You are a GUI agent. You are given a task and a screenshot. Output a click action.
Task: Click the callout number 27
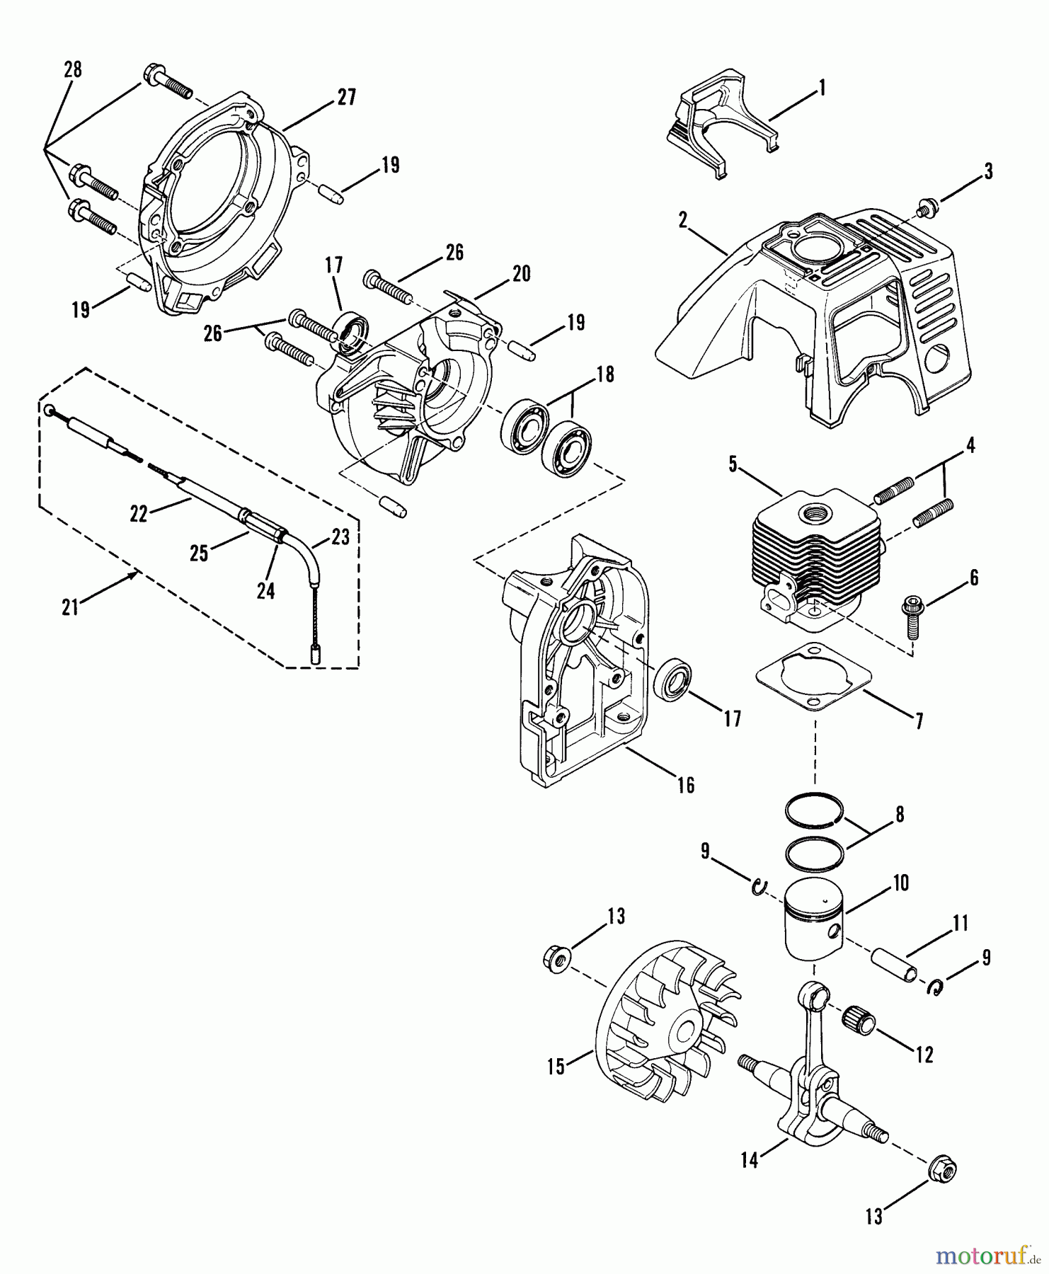(x=345, y=97)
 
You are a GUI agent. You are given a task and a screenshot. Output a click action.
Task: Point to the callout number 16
(x=685, y=784)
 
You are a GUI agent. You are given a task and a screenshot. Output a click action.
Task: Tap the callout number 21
(x=69, y=607)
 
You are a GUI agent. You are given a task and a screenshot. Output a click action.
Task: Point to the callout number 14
(x=750, y=1160)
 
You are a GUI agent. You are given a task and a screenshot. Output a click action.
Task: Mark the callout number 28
(x=72, y=69)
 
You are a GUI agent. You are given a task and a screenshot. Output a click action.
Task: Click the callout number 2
(x=682, y=219)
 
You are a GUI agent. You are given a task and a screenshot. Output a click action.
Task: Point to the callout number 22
(x=138, y=515)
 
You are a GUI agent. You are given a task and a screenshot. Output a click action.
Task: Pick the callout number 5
(x=733, y=465)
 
